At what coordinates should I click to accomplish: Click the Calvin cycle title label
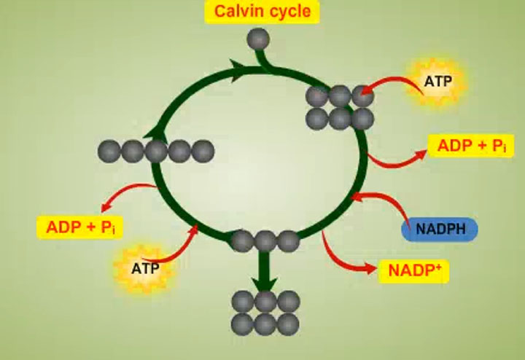262,12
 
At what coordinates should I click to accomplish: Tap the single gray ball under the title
259,38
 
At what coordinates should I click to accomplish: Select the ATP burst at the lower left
146,267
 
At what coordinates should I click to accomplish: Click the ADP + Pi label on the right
471,146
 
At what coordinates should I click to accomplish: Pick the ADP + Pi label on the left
79,226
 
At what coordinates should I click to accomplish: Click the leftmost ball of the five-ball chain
109,151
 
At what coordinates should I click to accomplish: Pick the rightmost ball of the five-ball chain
203,151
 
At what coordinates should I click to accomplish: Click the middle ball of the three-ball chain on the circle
265,240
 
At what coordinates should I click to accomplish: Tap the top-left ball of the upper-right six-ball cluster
316,95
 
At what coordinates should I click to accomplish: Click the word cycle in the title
287,12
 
